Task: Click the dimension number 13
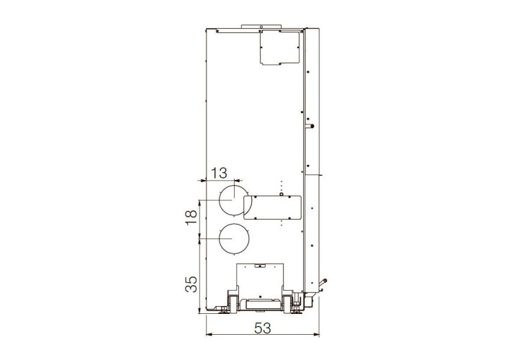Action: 219,173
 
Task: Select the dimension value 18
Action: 191,217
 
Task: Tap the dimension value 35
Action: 191,284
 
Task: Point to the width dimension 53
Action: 263,328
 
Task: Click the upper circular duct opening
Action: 220,200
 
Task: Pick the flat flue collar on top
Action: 261,26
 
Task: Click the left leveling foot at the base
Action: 224,311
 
